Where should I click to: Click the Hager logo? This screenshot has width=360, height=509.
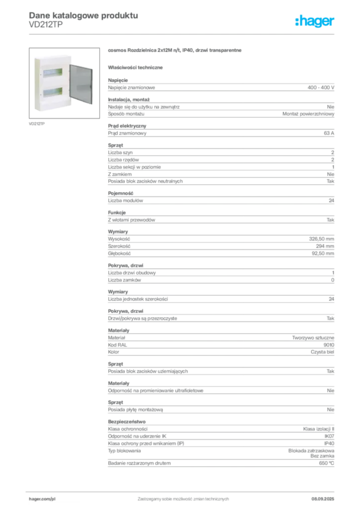(315, 21)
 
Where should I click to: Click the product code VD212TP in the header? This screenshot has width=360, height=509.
(46, 25)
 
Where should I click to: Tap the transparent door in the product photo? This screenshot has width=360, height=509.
(81, 84)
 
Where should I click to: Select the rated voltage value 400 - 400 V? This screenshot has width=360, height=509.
(321, 87)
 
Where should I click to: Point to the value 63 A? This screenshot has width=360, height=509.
(329, 133)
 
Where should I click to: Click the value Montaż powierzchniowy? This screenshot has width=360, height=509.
(308, 114)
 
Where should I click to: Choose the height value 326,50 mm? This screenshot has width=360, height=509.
(321, 239)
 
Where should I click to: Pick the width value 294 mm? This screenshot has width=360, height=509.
(325, 246)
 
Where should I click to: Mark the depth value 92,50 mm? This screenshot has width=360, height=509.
(323, 253)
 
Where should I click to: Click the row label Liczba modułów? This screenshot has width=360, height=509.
(125, 201)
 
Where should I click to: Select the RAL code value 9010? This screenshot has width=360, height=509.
(329, 345)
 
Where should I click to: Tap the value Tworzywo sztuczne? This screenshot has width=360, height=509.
(313, 338)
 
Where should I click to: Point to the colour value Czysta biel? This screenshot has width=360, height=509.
(322, 352)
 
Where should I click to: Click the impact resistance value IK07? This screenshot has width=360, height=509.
(329, 436)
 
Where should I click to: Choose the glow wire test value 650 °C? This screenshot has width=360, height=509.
(326, 463)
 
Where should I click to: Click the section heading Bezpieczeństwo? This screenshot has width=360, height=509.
(127, 422)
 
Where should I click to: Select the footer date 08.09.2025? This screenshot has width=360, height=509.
(323, 499)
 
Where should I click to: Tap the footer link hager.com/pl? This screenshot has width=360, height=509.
(42, 499)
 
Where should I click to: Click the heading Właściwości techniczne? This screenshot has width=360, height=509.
(135, 68)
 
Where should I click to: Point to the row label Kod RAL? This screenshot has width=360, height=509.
(117, 345)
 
